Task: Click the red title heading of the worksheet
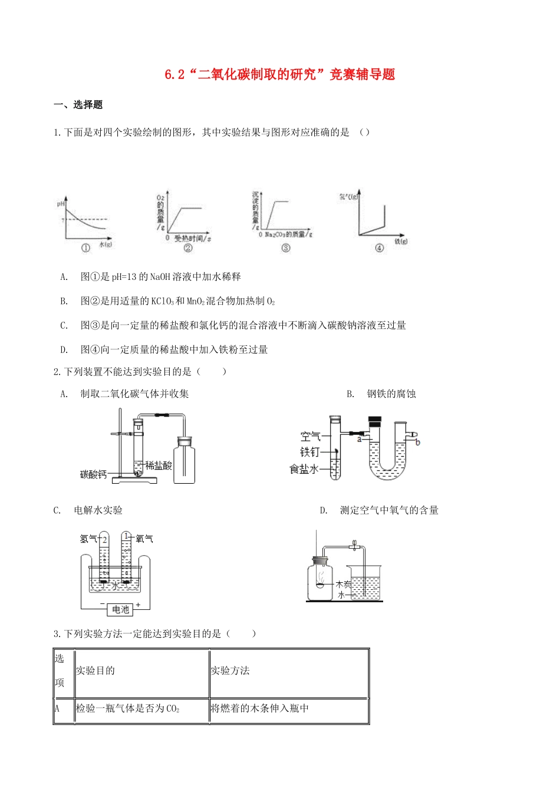click(x=279, y=75)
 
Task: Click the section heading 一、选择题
click(x=78, y=105)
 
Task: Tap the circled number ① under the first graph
click(x=86, y=248)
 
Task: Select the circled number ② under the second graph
click(x=188, y=248)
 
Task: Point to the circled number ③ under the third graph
click(x=286, y=248)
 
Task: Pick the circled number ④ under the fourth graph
click(x=379, y=248)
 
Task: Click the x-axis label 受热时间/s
click(x=192, y=238)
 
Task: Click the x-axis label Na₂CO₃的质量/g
click(x=288, y=235)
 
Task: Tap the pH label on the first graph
click(x=60, y=204)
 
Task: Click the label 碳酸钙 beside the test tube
click(x=93, y=474)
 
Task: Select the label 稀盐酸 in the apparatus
click(x=159, y=466)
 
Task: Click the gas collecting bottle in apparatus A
click(x=185, y=460)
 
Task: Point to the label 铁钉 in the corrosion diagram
click(x=309, y=452)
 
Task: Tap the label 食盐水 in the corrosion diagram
click(x=304, y=469)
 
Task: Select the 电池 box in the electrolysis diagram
click(x=120, y=609)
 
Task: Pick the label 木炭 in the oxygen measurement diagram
click(x=343, y=585)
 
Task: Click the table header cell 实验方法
click(x=230, y=671)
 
